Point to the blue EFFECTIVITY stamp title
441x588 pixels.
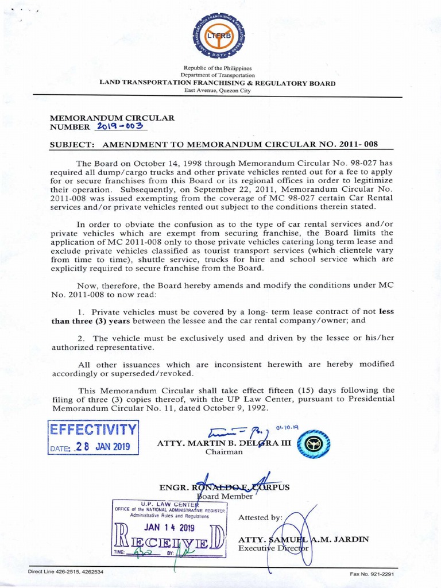point(93,430)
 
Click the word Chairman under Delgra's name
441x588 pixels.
point(224,452)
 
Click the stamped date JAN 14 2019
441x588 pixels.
point(169,527)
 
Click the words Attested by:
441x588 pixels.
point(260,517)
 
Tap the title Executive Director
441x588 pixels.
point(274,548)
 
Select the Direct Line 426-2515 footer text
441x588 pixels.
point(66,572)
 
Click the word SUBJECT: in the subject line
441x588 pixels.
point(69,144)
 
